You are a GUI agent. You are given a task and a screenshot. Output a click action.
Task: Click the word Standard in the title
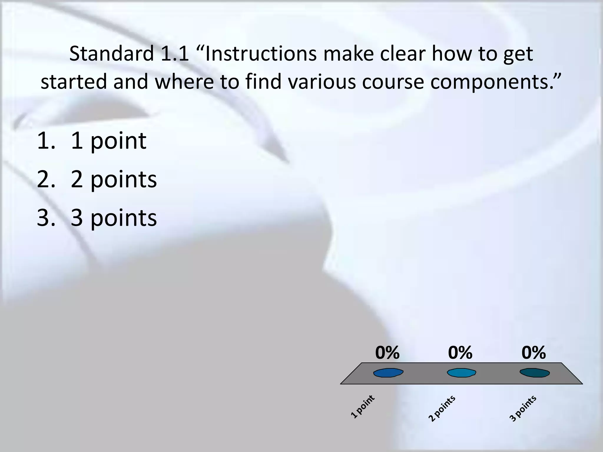pyautogui.click(x=112, y=54)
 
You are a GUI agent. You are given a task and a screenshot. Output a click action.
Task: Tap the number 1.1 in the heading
pyautogui.click(x=174, y=54)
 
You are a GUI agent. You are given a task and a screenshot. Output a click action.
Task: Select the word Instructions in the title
pyautogui.click(x=261, y=54)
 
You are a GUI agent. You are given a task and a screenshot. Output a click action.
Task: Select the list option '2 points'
pyautogui.click(x=114, y=180)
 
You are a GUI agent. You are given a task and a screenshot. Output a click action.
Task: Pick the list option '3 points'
pyautogui.click(x=114, y=218)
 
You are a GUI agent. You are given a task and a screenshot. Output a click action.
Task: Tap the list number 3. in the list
pyautogui.click(x=46, y=218)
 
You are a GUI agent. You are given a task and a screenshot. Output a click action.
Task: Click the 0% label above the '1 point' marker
pyautogui.click(x=387, y=353)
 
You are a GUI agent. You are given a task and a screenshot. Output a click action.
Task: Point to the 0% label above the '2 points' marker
pyautogui.click(x=460, y=353)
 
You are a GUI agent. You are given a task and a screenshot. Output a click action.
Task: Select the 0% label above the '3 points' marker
pyautogui.click(x=534, y=353)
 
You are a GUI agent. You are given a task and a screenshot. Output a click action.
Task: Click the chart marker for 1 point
pyautogui.click(x=388, y=373)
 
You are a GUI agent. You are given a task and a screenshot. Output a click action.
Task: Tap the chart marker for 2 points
pyautogui.click(x=461, y=373)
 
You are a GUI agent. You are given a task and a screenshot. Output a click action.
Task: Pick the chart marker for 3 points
pyautogui.click(x=535, y=373)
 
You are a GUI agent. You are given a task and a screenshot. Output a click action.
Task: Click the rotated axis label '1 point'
pyautogui.click(x=363, y=407)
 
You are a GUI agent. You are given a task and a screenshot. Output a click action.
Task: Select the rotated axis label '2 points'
pyautogui.click(x=442, y=408)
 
